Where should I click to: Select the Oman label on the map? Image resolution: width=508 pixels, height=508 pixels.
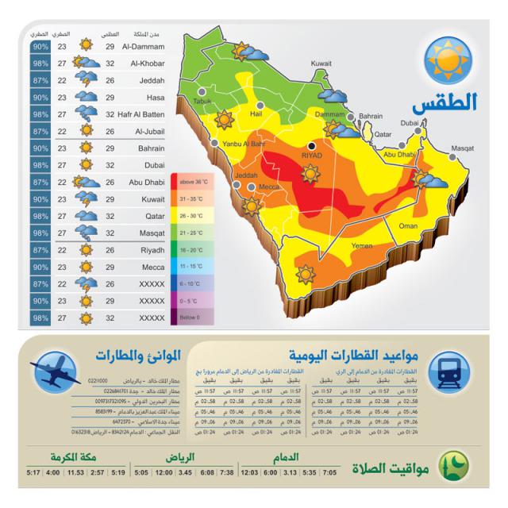point(408,226)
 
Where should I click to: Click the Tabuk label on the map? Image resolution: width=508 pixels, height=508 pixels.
point(203,102)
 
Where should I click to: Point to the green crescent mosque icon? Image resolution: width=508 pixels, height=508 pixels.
point(453,464)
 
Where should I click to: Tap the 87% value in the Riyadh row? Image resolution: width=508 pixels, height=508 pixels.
point(40,249)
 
